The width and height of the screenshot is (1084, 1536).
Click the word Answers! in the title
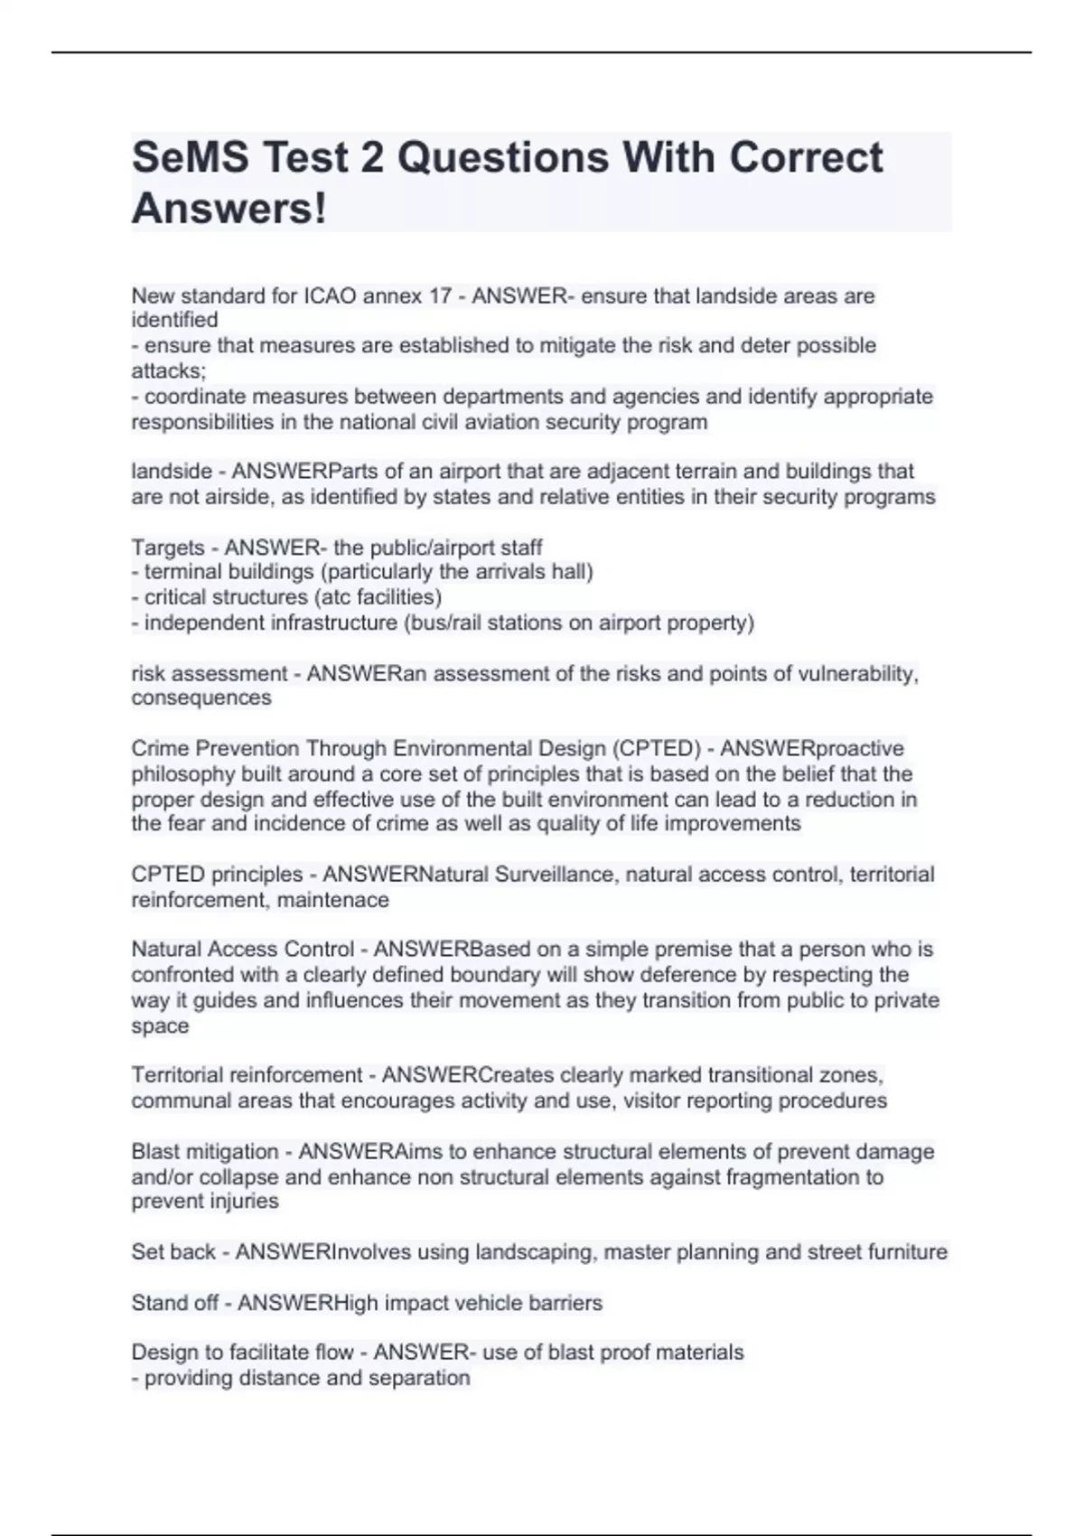[x=229, y=209]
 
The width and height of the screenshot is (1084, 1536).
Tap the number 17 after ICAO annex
[x=437, y=295]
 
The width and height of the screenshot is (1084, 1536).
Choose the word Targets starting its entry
[x=168, y=548]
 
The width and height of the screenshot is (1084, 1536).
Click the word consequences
[x=201, y=698]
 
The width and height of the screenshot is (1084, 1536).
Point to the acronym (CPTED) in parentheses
[x=657, y=748]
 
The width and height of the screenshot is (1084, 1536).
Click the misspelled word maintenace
[x=333, y=900]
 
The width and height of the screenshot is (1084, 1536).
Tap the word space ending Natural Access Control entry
[x=160, y=1026]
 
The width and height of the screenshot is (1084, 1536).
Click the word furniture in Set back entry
[x=907, y=1251]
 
